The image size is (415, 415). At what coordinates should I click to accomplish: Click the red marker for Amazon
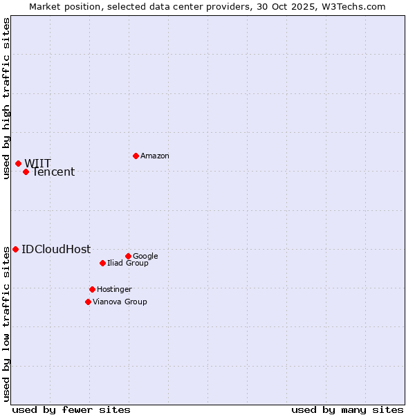tap(136, 156)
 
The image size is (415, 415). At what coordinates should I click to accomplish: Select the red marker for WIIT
tap(18, 163)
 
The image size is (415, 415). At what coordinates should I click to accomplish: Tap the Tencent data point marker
tap(26, 172)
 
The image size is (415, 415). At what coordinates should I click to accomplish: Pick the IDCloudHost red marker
tap(15, 249)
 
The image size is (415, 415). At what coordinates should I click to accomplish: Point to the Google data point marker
tap(128, 256)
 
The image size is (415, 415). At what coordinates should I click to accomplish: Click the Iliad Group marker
tap(102, 263)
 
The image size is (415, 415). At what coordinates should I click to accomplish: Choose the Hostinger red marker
tap(92, 289)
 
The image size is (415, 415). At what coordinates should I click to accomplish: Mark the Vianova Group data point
tap(88, 302)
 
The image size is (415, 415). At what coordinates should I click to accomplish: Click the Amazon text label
tap(155, 156)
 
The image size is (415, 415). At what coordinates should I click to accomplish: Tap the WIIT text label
tap(38, 163)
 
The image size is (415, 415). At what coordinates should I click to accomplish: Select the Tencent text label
tap(53, 172)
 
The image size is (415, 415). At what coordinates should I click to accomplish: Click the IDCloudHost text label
tap(56, 250)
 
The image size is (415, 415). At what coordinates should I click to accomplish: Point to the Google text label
tap(145, 257)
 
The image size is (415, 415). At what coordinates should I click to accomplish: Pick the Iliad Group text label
tap(128, 264)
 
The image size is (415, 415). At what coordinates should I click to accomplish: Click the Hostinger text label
tap(114, 290)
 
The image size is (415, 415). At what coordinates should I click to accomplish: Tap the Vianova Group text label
tap(120, 302)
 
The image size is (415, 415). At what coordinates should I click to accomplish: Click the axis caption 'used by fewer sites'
tap(71, 409)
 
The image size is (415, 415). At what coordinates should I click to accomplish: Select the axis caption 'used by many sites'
tap(347, 409)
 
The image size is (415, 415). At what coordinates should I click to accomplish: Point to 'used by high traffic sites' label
tap(7, 98)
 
